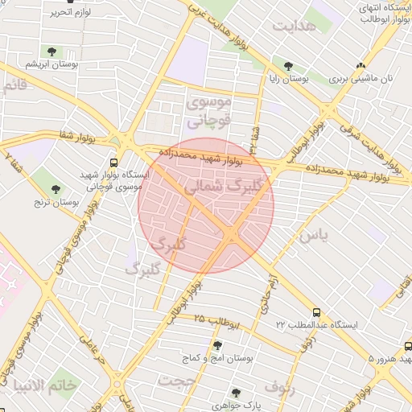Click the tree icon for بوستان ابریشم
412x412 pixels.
53,51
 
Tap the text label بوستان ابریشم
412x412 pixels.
51,64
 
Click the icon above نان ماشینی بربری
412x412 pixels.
360,66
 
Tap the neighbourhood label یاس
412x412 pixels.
313,236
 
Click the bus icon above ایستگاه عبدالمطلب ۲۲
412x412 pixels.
316,311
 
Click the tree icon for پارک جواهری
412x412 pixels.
236,393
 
